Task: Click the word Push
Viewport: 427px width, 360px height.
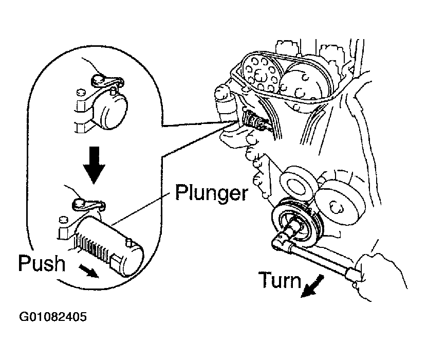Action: [42, 263]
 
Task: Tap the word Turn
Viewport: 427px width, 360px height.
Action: [280, 280]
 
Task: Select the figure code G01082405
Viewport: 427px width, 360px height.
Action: [53, 317]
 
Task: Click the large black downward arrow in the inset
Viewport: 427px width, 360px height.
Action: [94, 165]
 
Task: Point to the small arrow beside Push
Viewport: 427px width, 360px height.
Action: [89, 271]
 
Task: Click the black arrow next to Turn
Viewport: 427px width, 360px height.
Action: [312, 286]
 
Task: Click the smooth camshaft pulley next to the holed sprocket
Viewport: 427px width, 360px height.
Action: [305, 82]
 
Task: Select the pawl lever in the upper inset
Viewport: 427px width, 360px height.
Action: [106, 80]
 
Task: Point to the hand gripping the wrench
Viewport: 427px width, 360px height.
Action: [381, 275]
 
